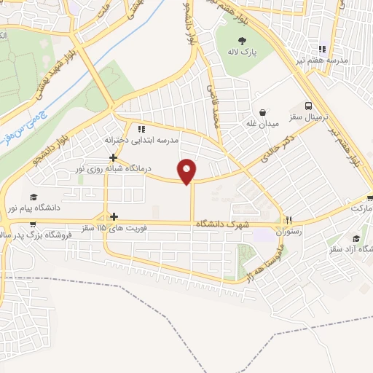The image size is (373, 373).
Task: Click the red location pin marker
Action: [x=188, y=171]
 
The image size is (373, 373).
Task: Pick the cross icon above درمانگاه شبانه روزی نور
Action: [x=113, y=157]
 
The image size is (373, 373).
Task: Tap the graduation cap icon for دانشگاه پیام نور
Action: [x=33, y=197]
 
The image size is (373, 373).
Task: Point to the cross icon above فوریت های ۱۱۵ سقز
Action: [x=114, y=216]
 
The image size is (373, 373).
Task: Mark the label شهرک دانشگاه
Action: [x=222, y=227]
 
